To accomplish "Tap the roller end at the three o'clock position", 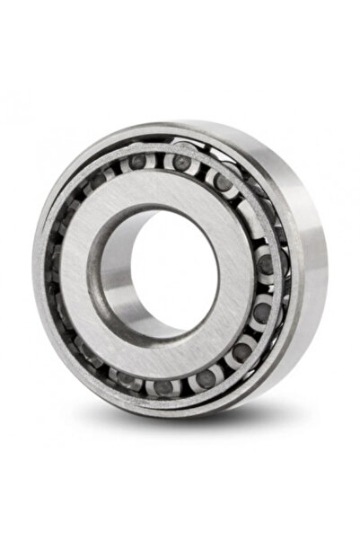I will pyautogui.click(x=264, y=265).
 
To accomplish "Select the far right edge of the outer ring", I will pyautogui.click(x=326, y=270).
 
